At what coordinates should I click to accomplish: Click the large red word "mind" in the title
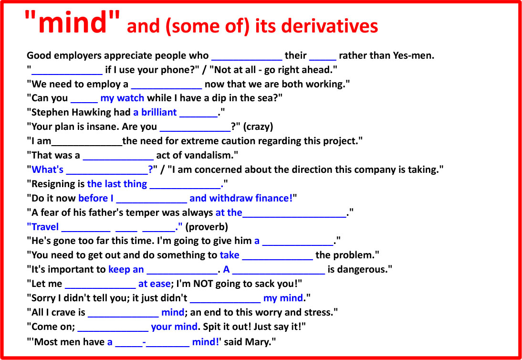(x=72, y=22)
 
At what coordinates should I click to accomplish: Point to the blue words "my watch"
(x=122, y=98)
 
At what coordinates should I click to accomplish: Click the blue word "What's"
(x=48, y=170)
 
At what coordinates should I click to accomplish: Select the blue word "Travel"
(x=45, y=227)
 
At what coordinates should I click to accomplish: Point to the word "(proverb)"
(x=207, y=227)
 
